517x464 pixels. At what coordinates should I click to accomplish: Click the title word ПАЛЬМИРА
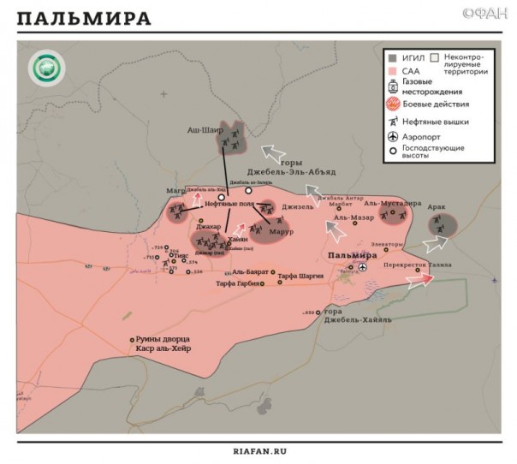pyautogui.click(x=84, y=18)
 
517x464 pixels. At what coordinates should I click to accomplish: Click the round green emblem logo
pyautogui.click(x=43, y=69)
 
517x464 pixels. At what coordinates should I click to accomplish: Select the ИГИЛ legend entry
pyautogui.click(x=408, y=57)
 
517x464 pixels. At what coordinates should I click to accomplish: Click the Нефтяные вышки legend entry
pyautogui.click(x=436, y=122)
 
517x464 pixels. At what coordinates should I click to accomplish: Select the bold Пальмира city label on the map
pyautogui.click(x=353, y=255)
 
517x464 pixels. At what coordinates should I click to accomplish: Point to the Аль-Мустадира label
pyautogui.click(x=392, y=204)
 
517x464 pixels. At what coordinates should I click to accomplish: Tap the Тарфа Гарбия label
pyautogui.click(x=236, y=283)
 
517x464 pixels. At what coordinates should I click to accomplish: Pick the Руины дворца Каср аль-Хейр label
pyautogui.click(x=162, y=344)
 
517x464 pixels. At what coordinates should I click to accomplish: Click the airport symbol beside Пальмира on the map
pyautogui.click(x=363, y=267)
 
